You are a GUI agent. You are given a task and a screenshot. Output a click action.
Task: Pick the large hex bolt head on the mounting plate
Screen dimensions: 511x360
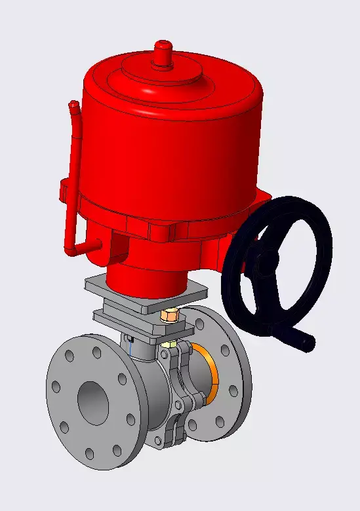(169, 316)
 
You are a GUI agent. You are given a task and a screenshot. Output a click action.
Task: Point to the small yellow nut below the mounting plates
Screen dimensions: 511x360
(168, 343)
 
